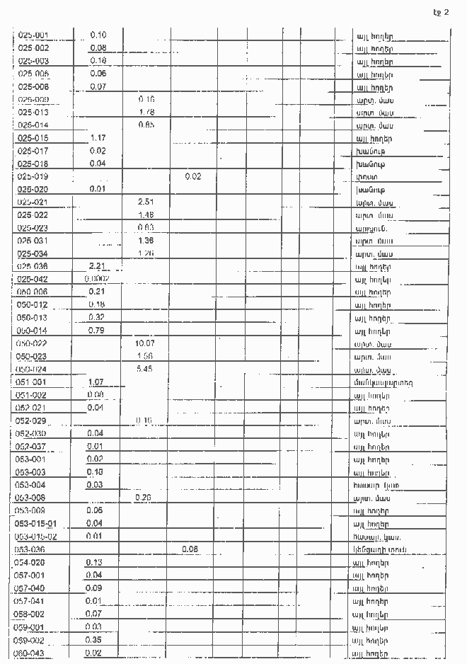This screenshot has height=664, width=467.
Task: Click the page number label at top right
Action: click(441, 11)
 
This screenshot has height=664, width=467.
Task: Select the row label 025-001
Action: click(33, 35)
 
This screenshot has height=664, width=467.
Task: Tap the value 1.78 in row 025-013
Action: click(146, 113)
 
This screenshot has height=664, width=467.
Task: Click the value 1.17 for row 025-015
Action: click(98, 138)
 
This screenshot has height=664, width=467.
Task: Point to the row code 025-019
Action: click(33, 176)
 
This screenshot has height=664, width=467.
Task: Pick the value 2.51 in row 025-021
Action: click(146, 202)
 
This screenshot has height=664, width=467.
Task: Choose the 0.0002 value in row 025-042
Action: click(96, 279)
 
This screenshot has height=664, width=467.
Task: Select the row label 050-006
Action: click(32, 292)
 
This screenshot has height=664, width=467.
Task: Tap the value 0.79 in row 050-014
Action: click(97, 331)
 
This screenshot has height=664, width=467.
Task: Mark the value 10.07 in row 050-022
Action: click(144, 343)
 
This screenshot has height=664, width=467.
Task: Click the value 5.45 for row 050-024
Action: click(144, 369)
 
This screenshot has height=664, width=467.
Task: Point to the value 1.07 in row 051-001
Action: click(96, 382)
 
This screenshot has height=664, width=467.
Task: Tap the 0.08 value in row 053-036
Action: click(190, 549)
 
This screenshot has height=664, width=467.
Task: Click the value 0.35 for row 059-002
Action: click(93, 639)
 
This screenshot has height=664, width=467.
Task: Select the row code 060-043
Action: click(30, 653)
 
